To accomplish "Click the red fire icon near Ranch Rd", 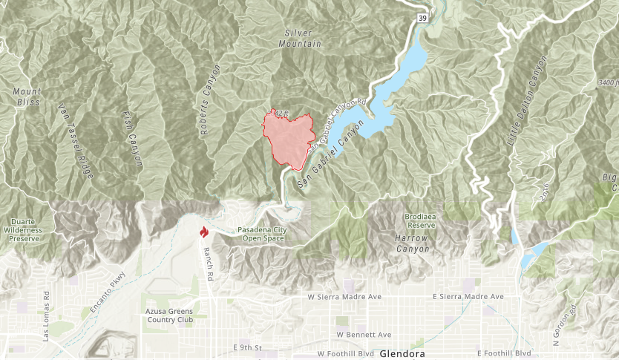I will click(203, 232).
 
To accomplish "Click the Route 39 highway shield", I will click(421, 18).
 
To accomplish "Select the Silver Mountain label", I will click(303, 39).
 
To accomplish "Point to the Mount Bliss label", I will click(27, 96).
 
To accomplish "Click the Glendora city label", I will click(402, 354).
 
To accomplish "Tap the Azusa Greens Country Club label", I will click(170, 315).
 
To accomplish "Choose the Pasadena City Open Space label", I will click(264, 235).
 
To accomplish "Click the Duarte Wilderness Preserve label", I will click(25, 230).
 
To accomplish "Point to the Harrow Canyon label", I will click(411, 243).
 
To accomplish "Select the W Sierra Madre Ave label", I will click(344, 297).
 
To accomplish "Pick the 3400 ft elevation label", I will click(607, 82).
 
